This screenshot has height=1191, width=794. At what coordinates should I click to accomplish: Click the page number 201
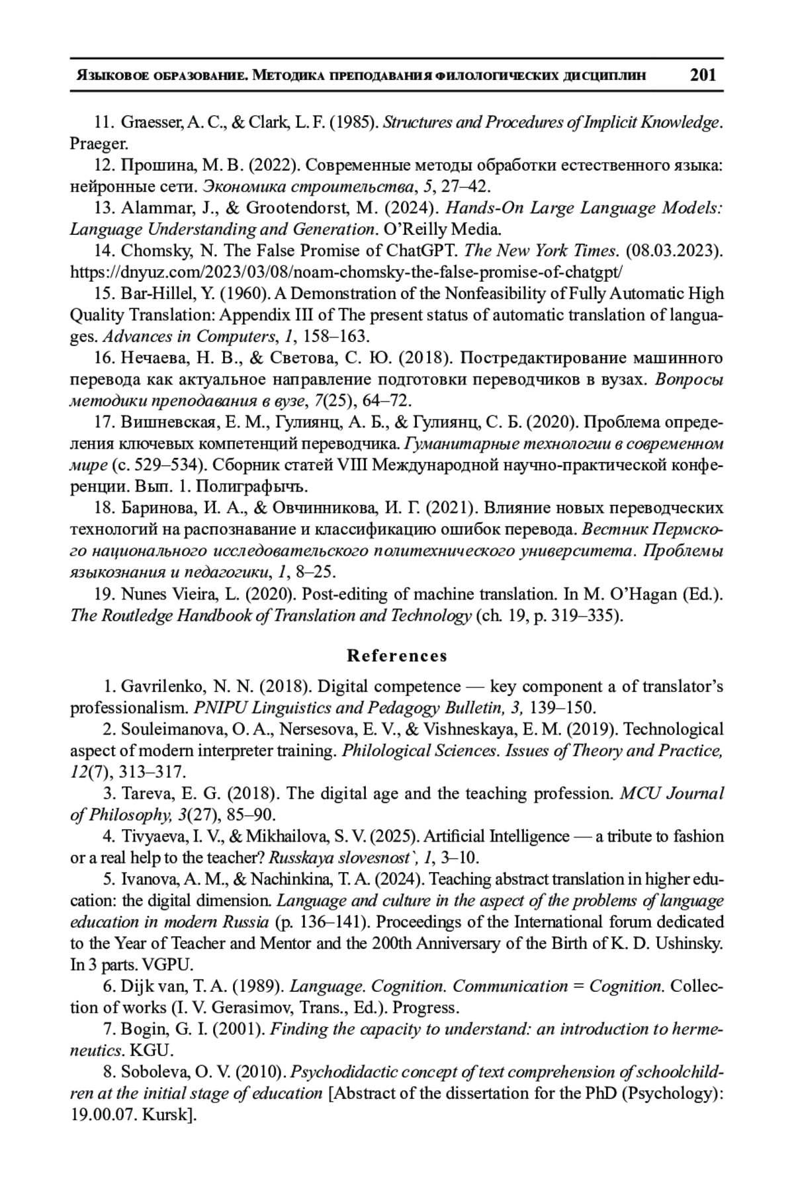703,74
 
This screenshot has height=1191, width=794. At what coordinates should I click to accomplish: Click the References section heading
397,656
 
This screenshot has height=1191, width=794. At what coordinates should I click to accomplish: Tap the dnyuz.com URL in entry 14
347,272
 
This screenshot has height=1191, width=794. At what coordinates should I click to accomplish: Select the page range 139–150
564,708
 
